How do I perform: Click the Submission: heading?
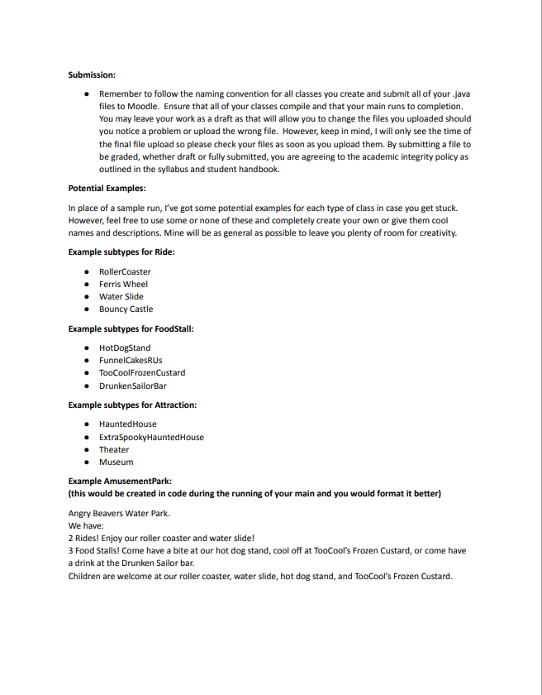click(92, 75)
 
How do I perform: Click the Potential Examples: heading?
click(107, 188)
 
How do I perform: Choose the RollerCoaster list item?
click(125, 271)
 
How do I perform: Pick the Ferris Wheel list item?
click(123, 284)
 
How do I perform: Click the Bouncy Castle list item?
click(126, 309)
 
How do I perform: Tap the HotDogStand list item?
click(125, 347)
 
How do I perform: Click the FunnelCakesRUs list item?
click(131, 360)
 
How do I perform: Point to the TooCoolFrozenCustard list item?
click(142, 372)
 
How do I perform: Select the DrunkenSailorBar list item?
click(133, 386)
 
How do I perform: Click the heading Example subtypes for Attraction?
click(132, 405)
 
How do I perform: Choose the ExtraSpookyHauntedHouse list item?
click(151, 437)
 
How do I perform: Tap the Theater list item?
click(114, 449)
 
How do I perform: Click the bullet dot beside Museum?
click(86, 463)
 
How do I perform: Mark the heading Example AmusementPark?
click(120, 481)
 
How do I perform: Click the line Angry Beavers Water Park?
click(119, 513)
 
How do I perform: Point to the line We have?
click(86, 525)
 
